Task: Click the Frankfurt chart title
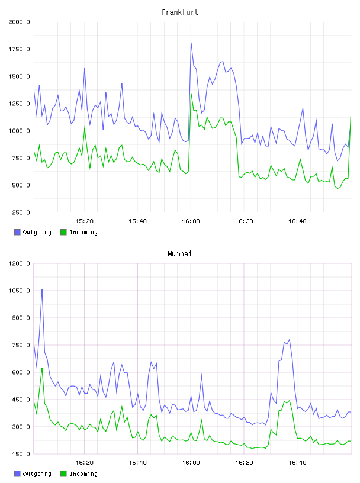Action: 180,12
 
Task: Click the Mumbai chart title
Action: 179,254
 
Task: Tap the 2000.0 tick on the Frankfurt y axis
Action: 19,22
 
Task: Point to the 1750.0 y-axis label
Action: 19,49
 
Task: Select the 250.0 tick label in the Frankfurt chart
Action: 21,212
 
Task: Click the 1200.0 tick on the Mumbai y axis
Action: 19,263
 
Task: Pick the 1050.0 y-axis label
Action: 19,291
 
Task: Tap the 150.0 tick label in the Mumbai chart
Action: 21,454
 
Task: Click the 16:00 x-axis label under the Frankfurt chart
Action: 191,221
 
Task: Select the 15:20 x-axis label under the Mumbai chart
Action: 84,463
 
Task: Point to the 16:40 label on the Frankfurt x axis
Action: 297,221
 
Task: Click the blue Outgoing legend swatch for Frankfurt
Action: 17,232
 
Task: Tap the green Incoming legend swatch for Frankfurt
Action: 63,232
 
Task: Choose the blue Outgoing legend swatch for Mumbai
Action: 17,474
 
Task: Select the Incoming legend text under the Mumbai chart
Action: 83,474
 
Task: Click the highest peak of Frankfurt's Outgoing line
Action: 191,43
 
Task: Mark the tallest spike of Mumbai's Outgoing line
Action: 42,289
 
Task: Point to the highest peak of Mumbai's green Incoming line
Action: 42,368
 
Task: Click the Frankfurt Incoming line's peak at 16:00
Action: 191,94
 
